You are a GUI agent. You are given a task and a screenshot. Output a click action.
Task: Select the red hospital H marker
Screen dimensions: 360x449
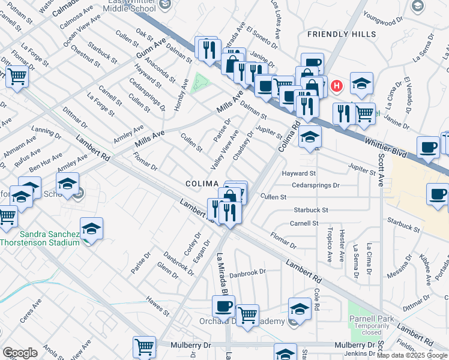click(337, 86)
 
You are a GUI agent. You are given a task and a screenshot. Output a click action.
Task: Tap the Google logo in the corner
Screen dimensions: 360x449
click(20, 353)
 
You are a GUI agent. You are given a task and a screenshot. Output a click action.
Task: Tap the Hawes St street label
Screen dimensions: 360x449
click(158, 308)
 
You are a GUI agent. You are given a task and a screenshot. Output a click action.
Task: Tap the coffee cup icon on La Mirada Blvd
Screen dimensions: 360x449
click(223, 307)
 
